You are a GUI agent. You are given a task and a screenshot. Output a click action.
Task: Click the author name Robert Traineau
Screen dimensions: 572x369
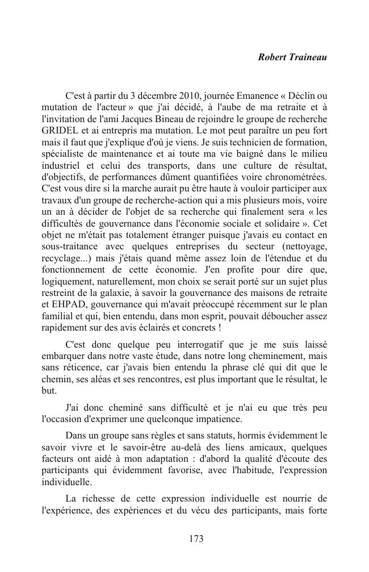[292, 57]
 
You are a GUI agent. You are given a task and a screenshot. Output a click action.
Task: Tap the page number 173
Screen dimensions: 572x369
[196, 539]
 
